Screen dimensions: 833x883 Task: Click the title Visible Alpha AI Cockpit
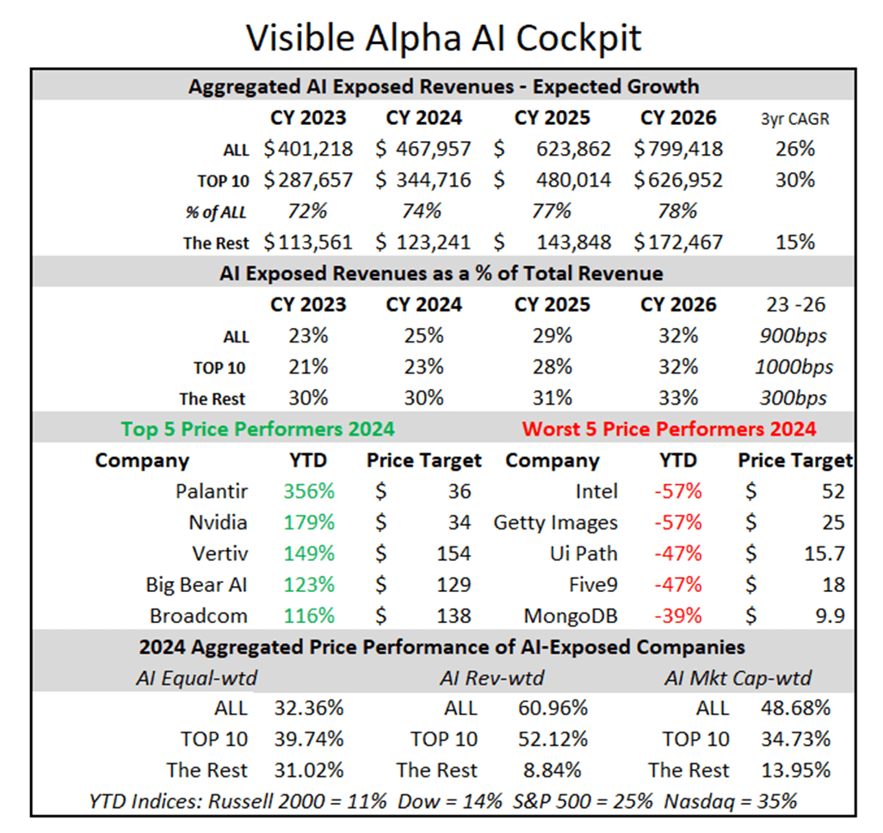[443, 37]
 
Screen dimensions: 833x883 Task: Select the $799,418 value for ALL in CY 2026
[678, 149]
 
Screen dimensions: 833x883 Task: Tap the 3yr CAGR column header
[795, 119]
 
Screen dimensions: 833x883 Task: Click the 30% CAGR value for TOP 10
[795, 180]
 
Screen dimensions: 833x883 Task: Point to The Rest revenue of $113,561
[308, 243]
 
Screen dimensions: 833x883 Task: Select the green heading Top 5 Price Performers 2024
[257, 429]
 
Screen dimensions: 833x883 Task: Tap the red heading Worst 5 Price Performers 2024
[669, 429]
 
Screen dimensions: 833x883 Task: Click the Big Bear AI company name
[197, 585]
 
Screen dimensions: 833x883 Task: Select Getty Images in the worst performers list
[555, 522]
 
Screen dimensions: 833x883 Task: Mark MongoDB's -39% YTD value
[678, 616]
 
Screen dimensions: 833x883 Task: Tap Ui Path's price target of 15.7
[827, 553]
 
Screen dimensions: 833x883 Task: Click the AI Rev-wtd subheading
[491, 678]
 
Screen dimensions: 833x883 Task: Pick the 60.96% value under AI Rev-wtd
[553, 708]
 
